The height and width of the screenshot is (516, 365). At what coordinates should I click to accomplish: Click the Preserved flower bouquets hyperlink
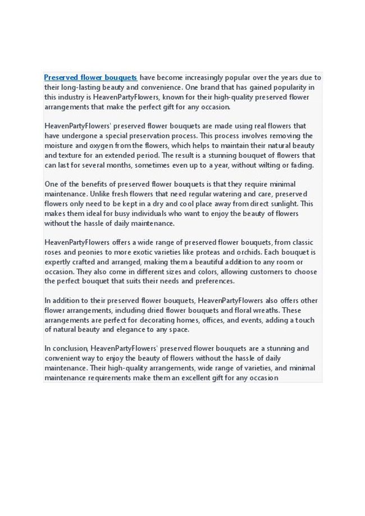coord(90,77)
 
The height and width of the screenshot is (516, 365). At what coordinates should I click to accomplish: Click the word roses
coord(54,252)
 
